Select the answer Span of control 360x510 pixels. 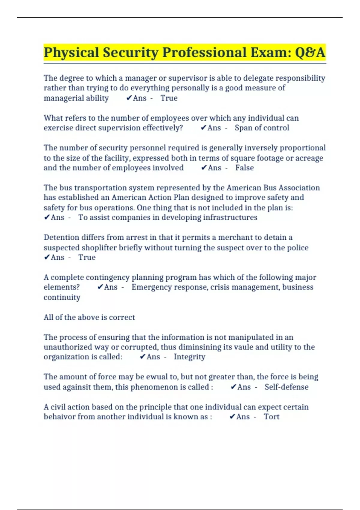[262, 128]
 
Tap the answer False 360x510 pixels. [244, 168]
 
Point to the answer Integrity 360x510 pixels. [190, 357]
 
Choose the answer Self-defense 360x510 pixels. [286, 387]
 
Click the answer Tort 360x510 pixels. [271, 417]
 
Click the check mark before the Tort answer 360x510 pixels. [232, 416]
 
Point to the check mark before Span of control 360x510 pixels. [203, 128]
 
